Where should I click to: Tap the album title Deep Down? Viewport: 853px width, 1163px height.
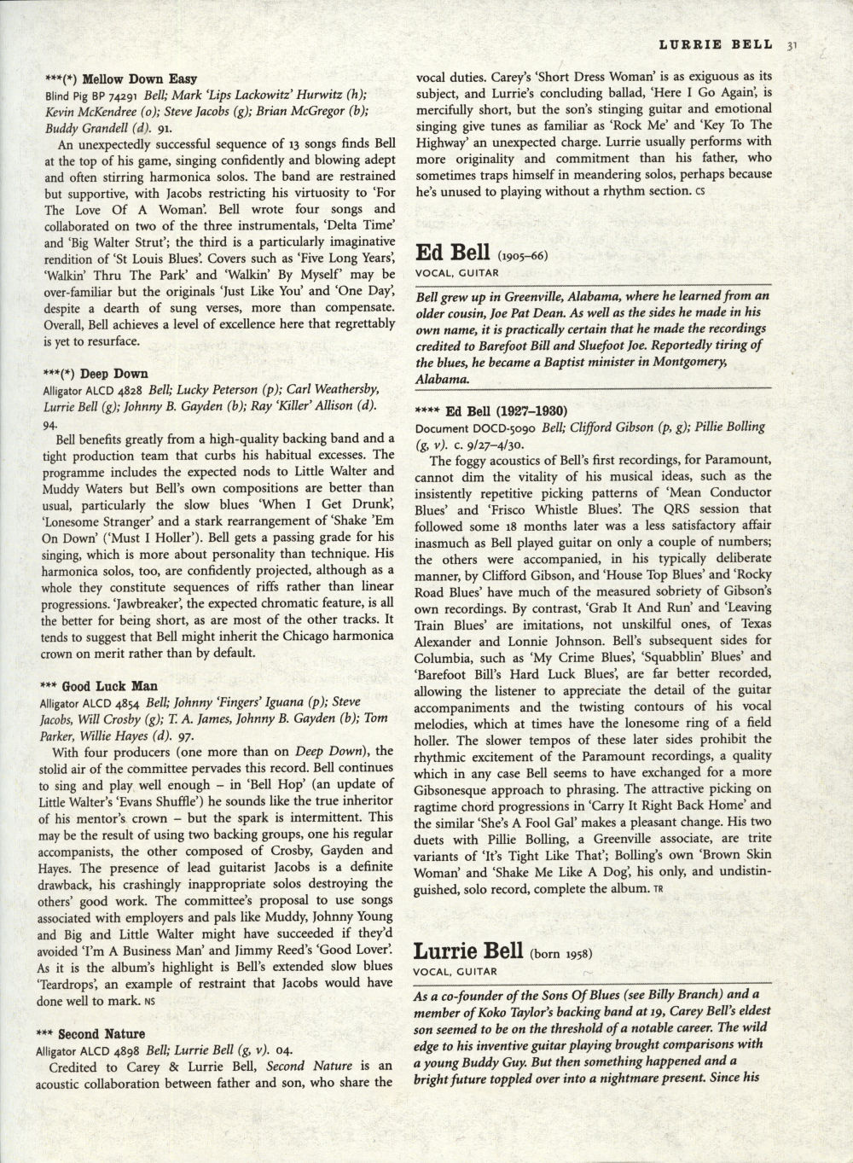pos(115,374)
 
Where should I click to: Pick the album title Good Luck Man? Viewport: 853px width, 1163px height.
pos(121,686)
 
